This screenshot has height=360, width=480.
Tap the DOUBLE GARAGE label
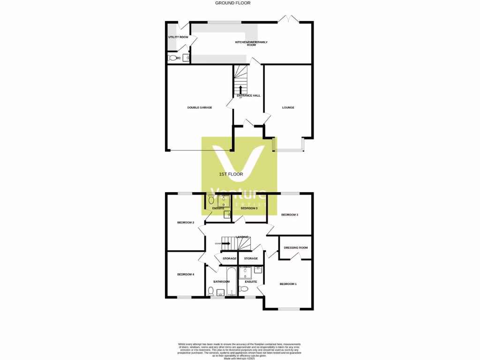coord(200,107)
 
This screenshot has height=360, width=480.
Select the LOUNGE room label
coord(288,107)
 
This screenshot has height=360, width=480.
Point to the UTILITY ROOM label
coord(178,37)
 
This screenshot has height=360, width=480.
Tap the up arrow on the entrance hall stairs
coord(241,89)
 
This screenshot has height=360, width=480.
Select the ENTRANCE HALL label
coord(248,96)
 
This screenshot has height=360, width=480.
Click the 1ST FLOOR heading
coord(231,174)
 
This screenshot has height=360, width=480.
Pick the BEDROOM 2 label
coord(186,223)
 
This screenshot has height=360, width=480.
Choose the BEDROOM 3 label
coord(290,215)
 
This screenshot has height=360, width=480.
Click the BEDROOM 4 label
coord(186,274)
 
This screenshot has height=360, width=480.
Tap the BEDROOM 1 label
coord(288,284)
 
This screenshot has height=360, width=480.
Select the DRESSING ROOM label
coord(296,247)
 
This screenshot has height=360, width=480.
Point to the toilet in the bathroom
coord(210,291)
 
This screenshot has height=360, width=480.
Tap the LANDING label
coord(242,237)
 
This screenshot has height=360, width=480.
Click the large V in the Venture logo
coord(239,162)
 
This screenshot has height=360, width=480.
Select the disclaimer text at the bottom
coord(239,351)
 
